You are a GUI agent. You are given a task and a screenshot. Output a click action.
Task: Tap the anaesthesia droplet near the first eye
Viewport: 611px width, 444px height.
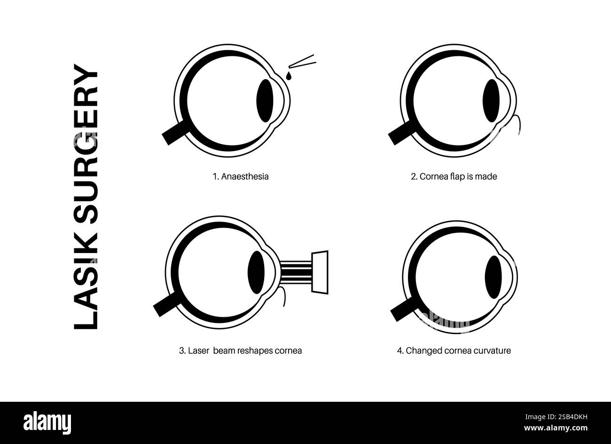pos(289,76)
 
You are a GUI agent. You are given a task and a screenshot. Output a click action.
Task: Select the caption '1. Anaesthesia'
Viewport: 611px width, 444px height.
pos(240,177)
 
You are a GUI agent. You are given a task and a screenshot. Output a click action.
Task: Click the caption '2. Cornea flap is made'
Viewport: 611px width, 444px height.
pos(454,177)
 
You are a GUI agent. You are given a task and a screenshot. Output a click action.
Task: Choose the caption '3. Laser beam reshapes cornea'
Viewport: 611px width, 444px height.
pos(240,351)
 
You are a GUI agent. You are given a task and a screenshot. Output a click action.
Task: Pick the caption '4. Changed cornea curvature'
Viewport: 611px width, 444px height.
pos(454,351)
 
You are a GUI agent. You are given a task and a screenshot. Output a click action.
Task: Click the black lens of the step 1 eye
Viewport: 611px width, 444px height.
pos(265,99)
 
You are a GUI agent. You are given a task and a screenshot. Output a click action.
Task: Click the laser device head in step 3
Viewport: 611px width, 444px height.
pos(320,273)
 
